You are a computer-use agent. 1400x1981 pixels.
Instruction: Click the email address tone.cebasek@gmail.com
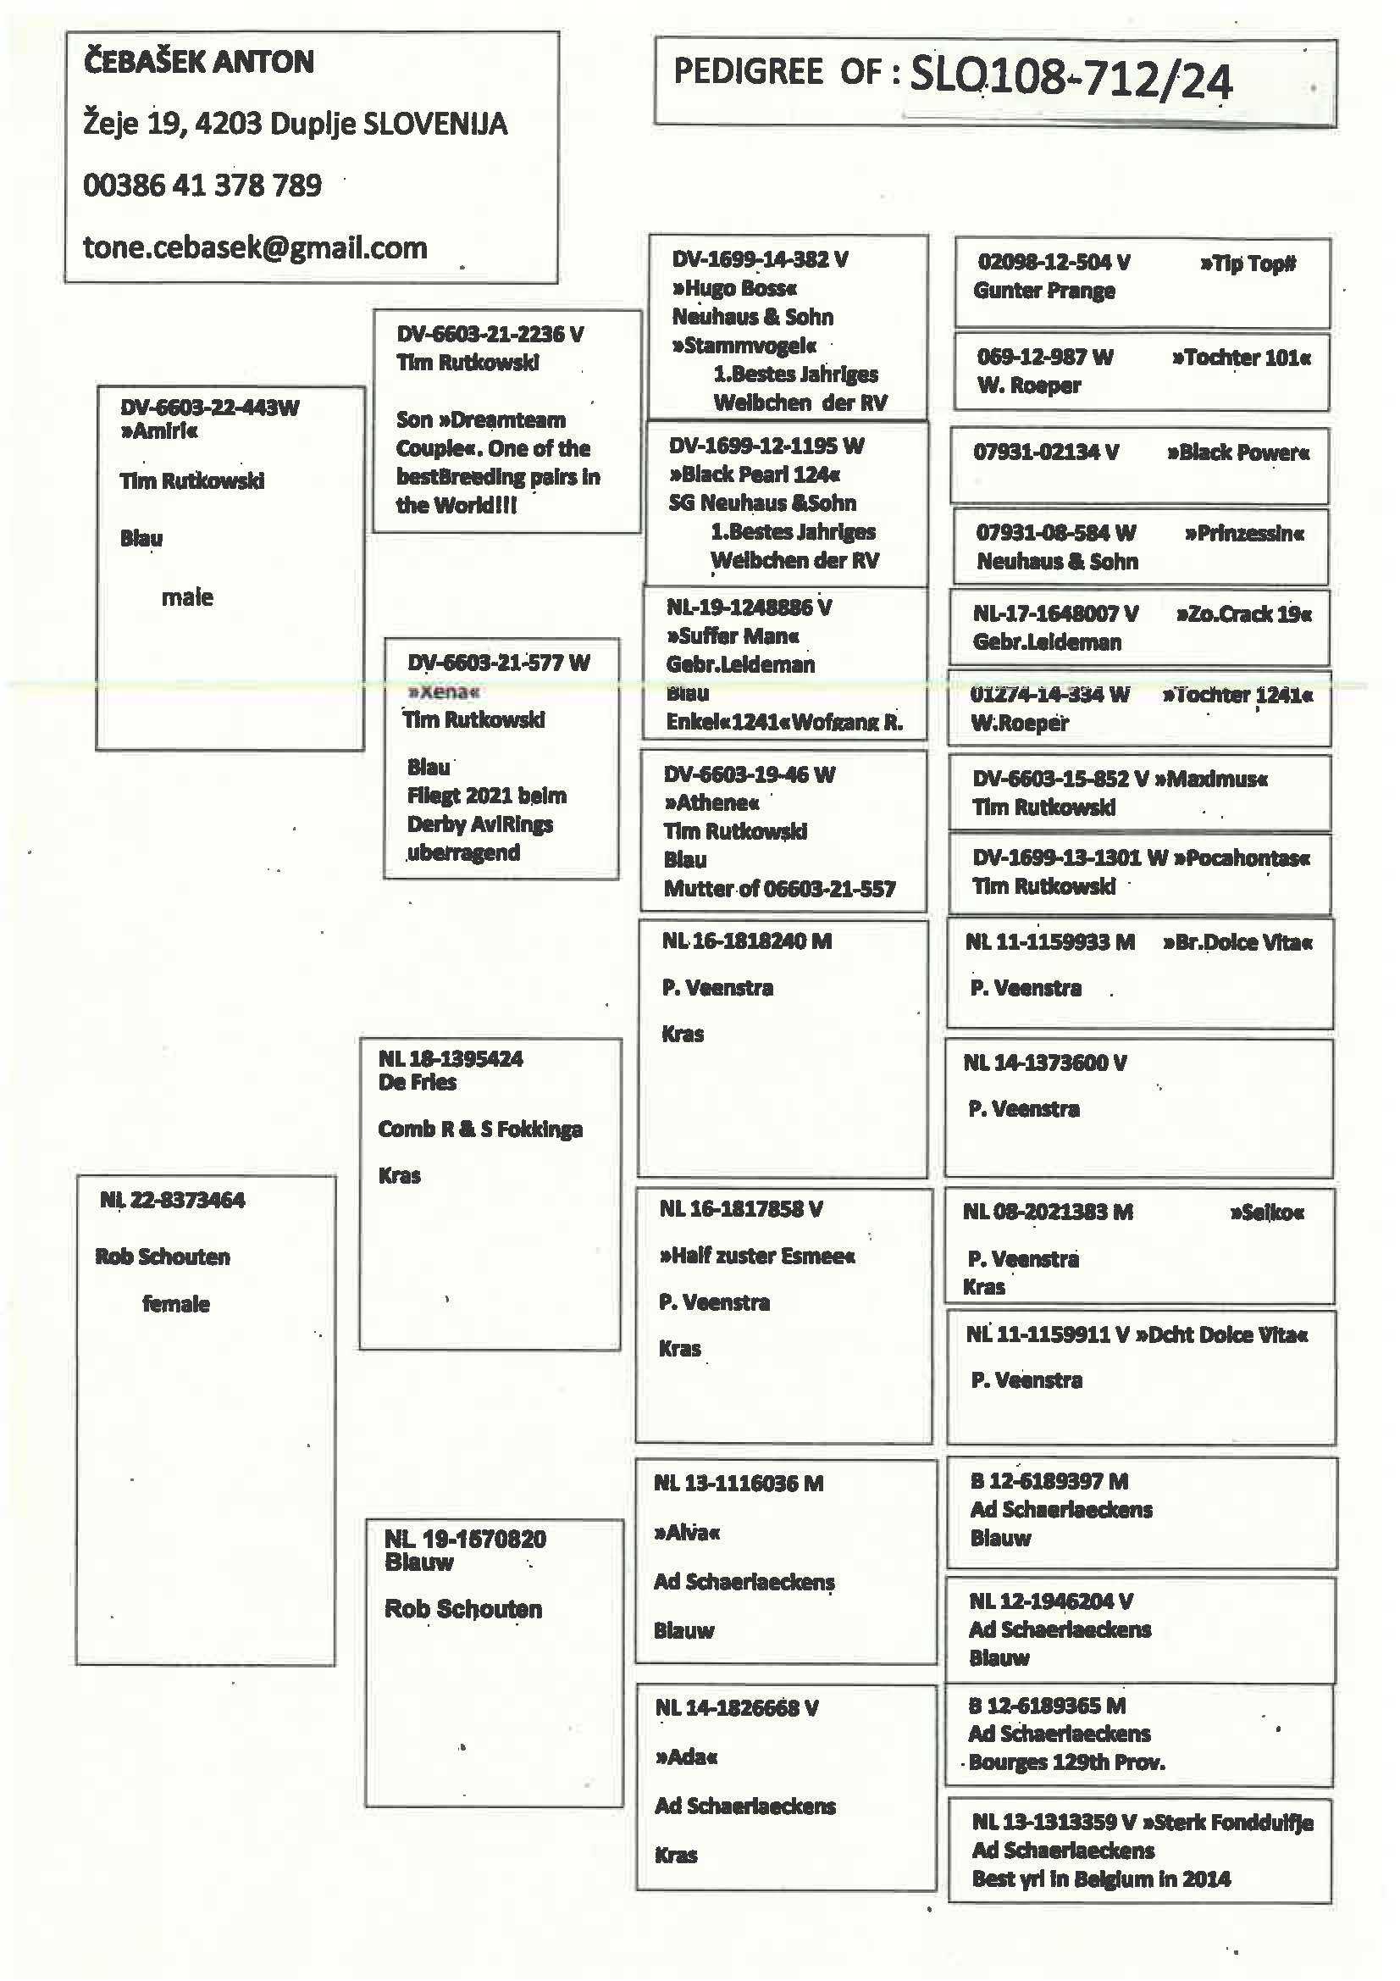254,248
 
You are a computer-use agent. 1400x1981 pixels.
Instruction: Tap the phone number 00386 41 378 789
202,186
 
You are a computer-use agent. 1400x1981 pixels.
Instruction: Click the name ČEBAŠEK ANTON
198,62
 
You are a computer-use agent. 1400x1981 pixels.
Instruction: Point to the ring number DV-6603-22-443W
209,408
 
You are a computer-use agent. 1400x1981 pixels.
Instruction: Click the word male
187,597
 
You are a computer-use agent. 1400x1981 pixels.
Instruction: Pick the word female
176,1304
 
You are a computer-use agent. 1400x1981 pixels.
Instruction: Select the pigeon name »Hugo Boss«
734,288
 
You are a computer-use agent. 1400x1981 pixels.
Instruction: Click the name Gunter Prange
1043,291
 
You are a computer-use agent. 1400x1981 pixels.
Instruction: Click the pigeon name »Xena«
444,691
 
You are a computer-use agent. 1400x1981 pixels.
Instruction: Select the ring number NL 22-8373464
173,1200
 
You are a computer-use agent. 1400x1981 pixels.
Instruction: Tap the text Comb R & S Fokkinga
479,1129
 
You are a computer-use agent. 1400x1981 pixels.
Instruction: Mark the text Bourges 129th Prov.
1066,1762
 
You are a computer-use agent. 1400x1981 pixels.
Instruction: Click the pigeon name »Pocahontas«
1248,858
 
